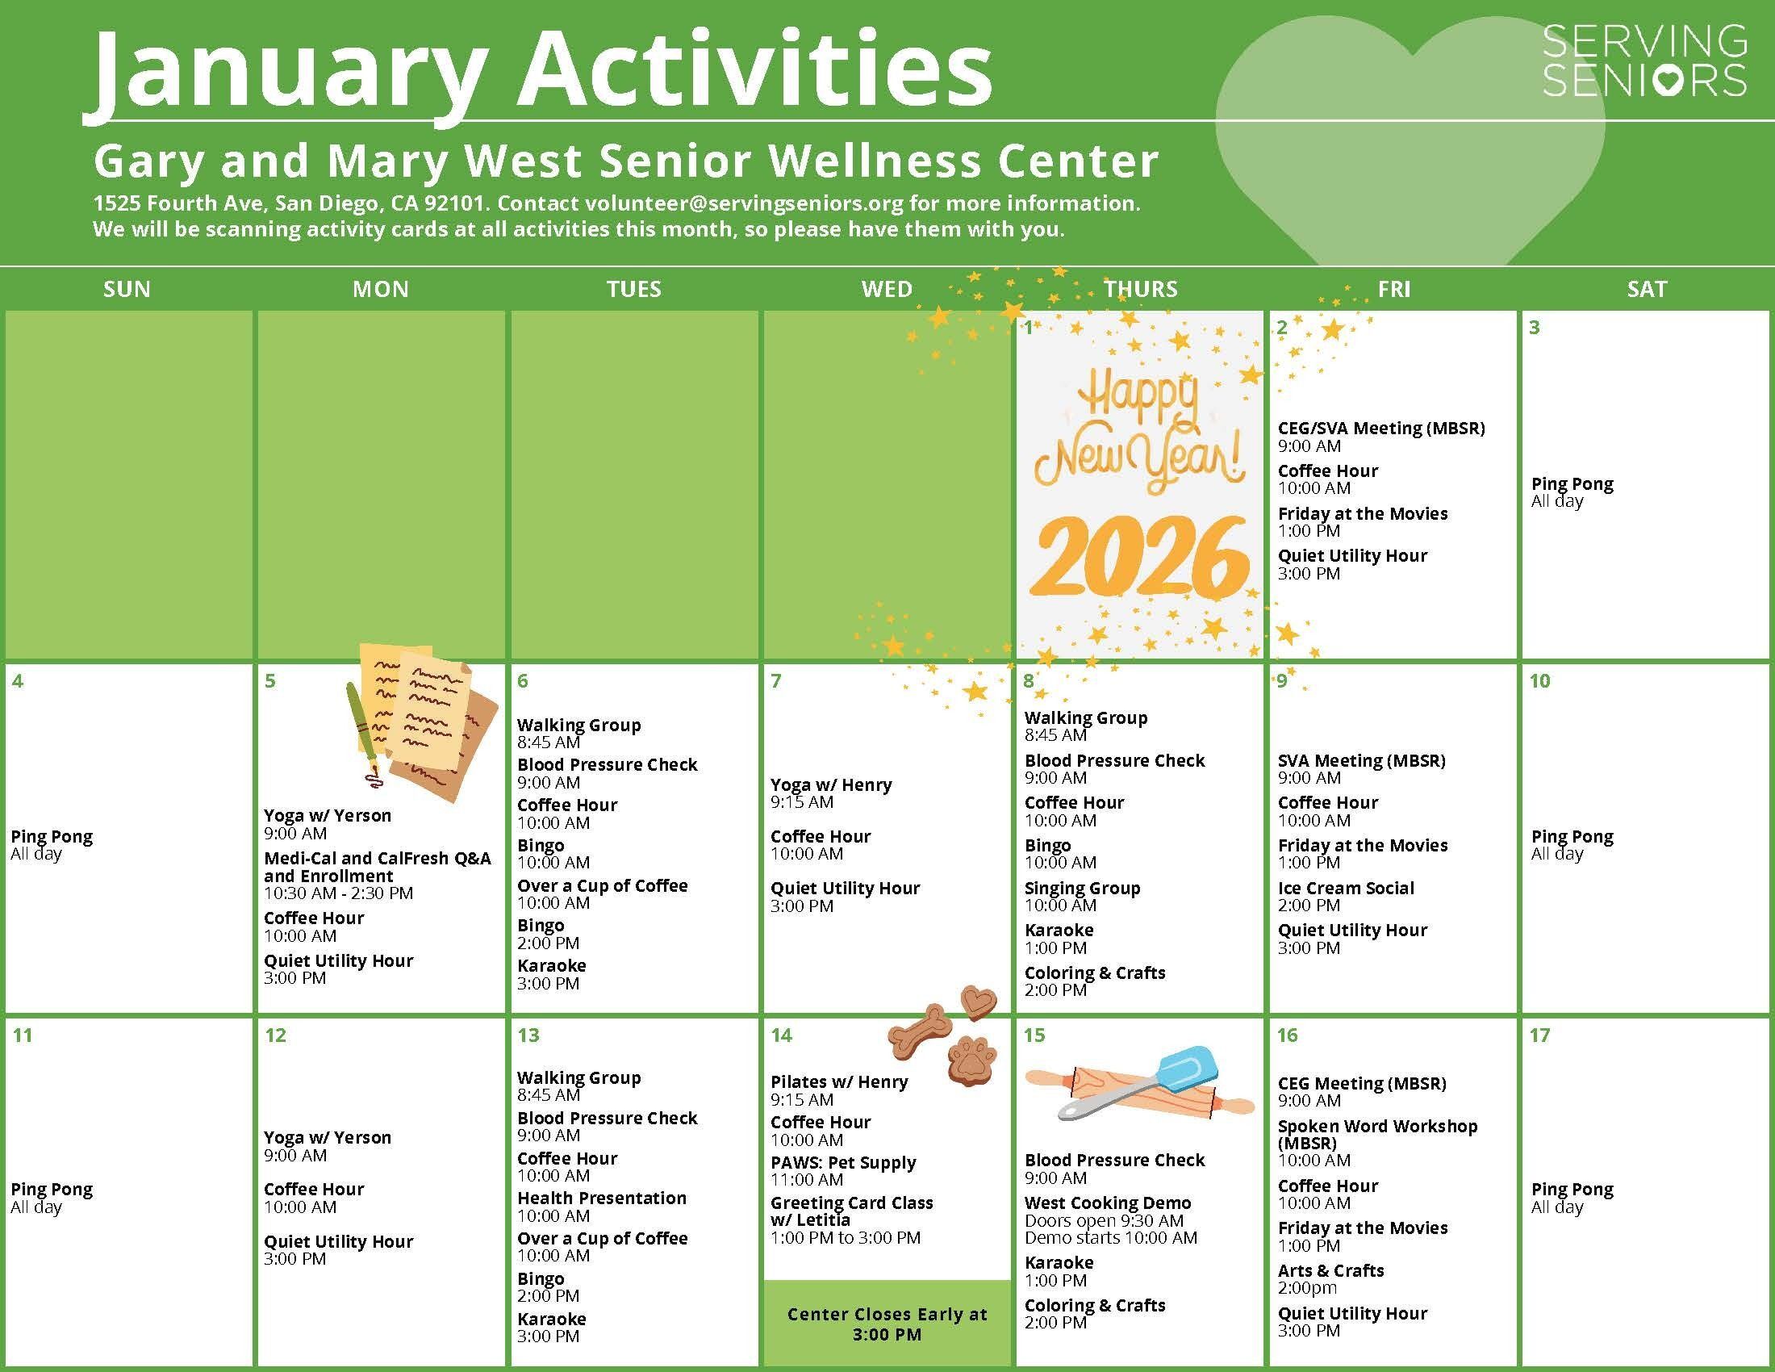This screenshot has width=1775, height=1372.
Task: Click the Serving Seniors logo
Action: pyautogui.click(x=1644, y=61)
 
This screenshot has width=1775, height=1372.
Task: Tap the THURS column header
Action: pyautogui.click(x=1139, y=289)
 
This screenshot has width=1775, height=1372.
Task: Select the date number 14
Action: pyautogui.click(x=781, y=1035)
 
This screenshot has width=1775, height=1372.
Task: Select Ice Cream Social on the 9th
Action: pyautogui.click(x=1345, y=888)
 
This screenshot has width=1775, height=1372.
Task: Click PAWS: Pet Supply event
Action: pyautogui.click(x=843, y=1162)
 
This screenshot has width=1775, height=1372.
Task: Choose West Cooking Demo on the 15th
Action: pyautogui.click(x=1107, y=1203)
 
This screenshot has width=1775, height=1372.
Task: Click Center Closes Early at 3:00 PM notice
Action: pyautogui.click(x=887, y=1324)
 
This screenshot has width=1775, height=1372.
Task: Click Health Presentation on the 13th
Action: pyautogui.click(x=601, y=1198)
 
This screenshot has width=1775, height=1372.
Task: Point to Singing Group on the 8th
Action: pyautogui.click(x=1082, y=888)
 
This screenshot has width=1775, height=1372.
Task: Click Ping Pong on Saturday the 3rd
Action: pyautogui.click(x=1572, y=483)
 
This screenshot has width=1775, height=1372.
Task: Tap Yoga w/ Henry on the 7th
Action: pyautogui.click(x=830, y=784)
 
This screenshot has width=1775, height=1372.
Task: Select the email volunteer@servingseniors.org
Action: pyautogui.click(x=744, y=203)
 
